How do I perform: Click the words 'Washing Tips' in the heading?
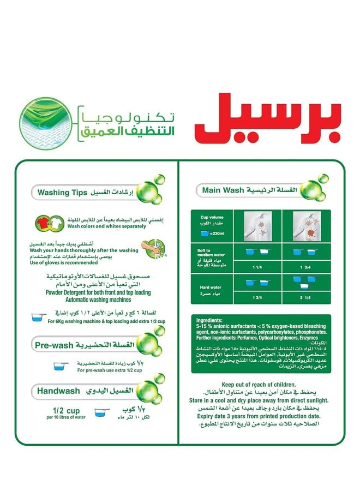point(59,193)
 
